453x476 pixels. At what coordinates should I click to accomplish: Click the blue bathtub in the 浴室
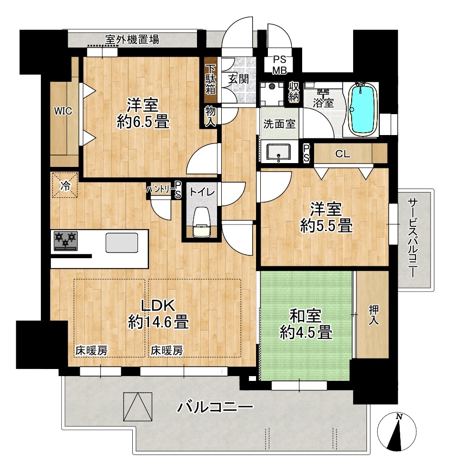(362, 109)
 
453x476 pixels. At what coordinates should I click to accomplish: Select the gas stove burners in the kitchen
(66, 241)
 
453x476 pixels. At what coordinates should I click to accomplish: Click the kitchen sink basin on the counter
(122, 243)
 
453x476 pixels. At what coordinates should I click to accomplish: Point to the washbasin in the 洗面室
(278, 152)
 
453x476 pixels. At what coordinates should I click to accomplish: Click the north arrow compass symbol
(396, 432)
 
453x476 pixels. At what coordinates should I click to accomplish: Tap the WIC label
(63, 111)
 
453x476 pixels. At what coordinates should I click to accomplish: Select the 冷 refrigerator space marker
(65, 185)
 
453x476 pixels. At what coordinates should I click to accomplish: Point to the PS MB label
(279, 65)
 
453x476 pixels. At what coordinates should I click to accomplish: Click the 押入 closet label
(374, 315)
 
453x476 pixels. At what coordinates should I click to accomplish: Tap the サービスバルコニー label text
(413, 238)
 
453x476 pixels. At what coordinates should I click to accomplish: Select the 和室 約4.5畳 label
(305, 324)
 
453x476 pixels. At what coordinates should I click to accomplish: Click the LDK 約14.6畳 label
(158, 314)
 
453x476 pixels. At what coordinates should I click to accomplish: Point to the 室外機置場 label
(132, 39)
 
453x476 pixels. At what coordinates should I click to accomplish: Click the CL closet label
(343, 154)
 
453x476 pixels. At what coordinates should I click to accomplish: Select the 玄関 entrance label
(239, 79)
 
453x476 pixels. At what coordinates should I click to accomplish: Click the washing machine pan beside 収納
(272, 94)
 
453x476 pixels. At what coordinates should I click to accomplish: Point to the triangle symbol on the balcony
(138, 407)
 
